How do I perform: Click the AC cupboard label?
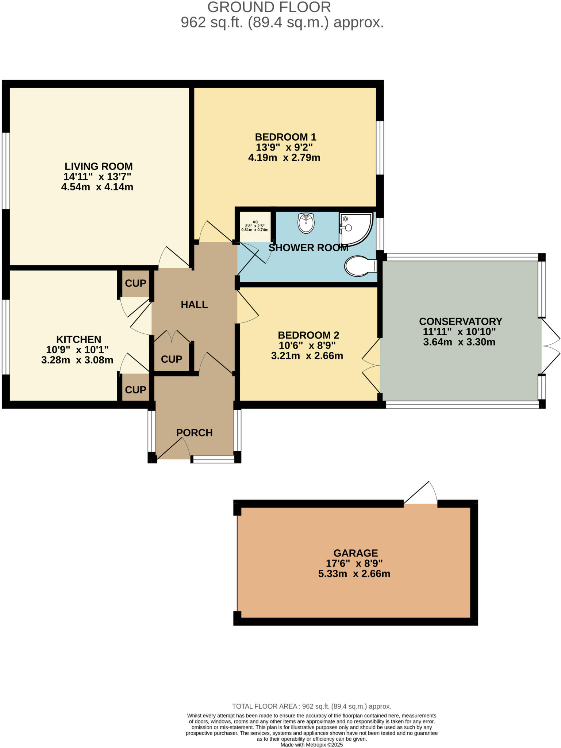pos(255,222)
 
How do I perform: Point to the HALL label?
pos(194,304)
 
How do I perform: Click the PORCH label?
pos(194,432)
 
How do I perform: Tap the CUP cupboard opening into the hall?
pos(172,359)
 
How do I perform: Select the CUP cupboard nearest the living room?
pos(135,283)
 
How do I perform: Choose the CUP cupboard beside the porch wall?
pos(135,390)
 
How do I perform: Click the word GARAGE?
pos(355,553)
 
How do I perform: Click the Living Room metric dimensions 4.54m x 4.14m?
pos(97,187)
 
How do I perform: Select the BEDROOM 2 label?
pos(308,335)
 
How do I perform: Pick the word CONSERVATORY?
pos(460,321)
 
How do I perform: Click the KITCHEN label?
pos(78,339)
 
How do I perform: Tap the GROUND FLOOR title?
pos(269,7)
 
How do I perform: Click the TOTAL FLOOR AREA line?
pos(311,706)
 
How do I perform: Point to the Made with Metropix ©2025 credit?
pos(311,745)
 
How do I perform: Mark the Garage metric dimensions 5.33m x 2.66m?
pos(354,574)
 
